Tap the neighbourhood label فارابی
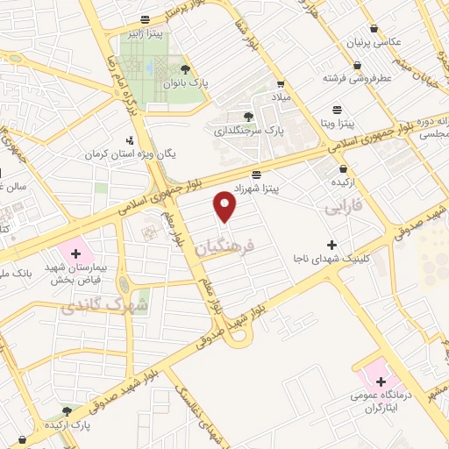pos(343,209)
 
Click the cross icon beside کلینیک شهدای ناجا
pos(331,244)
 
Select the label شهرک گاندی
pos(92,304)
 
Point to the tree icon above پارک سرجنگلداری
pos(249,116)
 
